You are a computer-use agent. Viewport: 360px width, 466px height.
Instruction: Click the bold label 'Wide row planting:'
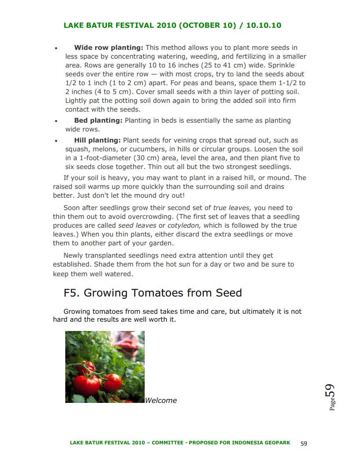[x=109, y=48]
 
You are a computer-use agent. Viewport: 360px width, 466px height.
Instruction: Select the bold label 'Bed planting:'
[x=98, y=120]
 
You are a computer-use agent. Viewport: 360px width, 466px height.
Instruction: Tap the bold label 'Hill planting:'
[x=97, y=140]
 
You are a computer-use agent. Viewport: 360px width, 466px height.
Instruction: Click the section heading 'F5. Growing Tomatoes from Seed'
[x=153, y=293]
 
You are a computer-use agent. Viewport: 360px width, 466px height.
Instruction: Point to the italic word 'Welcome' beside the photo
[x=161, y=401]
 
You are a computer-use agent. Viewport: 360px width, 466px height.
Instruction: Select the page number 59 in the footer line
[x=304, y=443]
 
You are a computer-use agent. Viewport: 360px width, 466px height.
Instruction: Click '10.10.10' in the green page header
[x=263, y=25]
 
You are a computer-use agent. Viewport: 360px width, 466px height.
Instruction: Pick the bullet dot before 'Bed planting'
[x=56, y=121]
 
